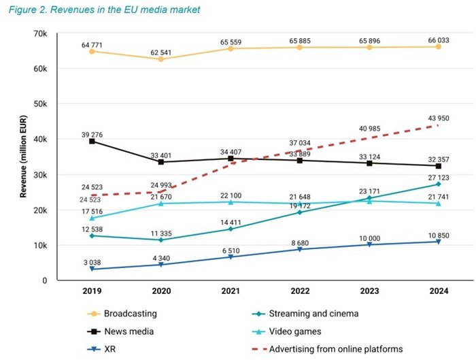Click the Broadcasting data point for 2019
(x=92, y=52)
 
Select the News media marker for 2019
(x=92, y=141)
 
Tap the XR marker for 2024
(x=439, y=242)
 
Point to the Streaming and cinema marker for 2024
(x=439, y=184)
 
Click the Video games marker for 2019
(x=92, y=218)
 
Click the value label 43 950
(x=439, y=117)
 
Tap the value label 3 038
(x=92, y=261)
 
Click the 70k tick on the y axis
(x=37, y=33)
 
